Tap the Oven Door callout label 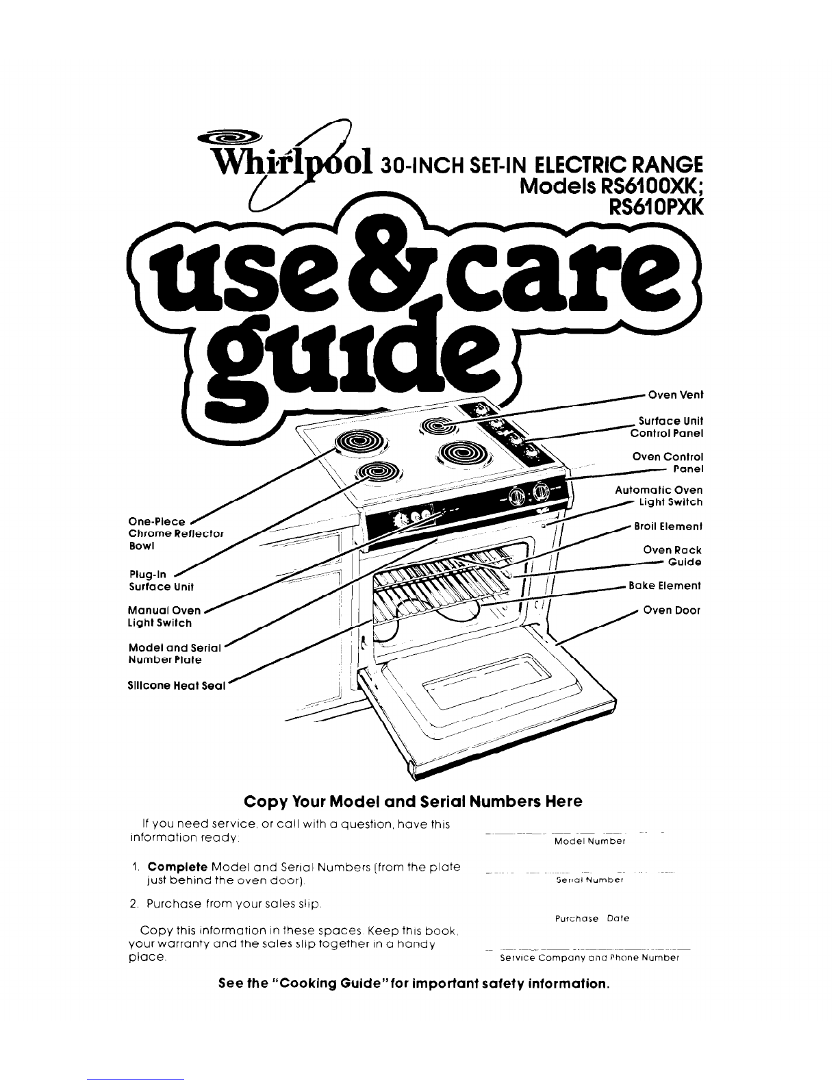click(x=672, y=610)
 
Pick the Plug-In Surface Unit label click(x=162, y=581)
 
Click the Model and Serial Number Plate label click(x=173, y=653)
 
